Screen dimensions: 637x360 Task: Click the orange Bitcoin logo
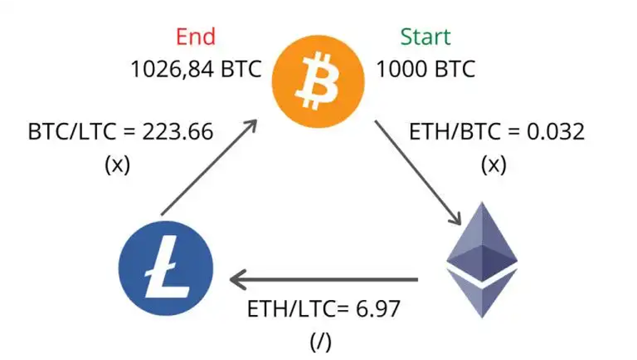[318, 81]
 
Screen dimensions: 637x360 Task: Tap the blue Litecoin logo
[166, 268]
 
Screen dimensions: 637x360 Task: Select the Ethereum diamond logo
[482, 259]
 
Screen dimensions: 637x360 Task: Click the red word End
[196, 36]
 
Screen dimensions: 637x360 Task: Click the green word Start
[426, 36]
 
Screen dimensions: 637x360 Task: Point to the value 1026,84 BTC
[196, 69]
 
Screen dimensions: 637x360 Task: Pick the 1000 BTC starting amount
[426, 69]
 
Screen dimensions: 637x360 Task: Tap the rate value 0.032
[556, 131]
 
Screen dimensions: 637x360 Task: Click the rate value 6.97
[378, 309]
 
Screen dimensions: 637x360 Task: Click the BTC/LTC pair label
[72, 131]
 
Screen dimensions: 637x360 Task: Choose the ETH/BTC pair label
[455, 131]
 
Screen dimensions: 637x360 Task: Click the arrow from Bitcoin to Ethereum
[418, 172]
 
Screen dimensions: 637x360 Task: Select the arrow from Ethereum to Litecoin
[323, 279]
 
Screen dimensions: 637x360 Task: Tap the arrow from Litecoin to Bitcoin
[209, 167]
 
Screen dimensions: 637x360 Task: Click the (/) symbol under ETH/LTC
[321, 342]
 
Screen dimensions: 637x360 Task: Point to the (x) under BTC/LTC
[117, 165]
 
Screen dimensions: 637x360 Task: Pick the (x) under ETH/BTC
[493, 165]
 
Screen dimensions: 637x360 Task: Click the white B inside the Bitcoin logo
[317, 81]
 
